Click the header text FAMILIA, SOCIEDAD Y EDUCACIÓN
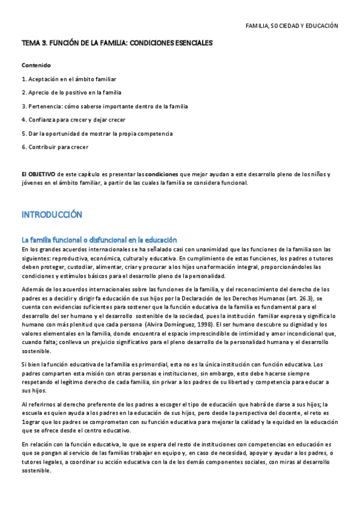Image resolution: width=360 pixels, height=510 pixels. [x=292, y=26]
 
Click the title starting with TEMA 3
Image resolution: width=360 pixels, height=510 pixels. [x=117, y=43]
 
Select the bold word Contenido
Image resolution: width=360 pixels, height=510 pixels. [x=36, y=65]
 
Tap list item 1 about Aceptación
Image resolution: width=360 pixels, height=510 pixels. [x=69, y=79]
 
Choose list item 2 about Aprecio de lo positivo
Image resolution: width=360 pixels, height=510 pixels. [x=71, y=93]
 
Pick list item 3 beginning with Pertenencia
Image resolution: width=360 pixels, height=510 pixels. [x=105, y=106]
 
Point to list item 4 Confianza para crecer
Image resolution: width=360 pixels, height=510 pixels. [x=73, y=120]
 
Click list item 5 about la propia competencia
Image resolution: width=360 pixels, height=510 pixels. [x=97, y=133]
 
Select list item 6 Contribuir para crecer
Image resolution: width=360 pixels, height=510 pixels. [x=55, y=147]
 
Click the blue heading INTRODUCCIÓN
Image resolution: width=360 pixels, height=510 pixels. [x=51, y=215]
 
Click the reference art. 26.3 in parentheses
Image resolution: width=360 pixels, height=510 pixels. [x=302, y=298]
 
